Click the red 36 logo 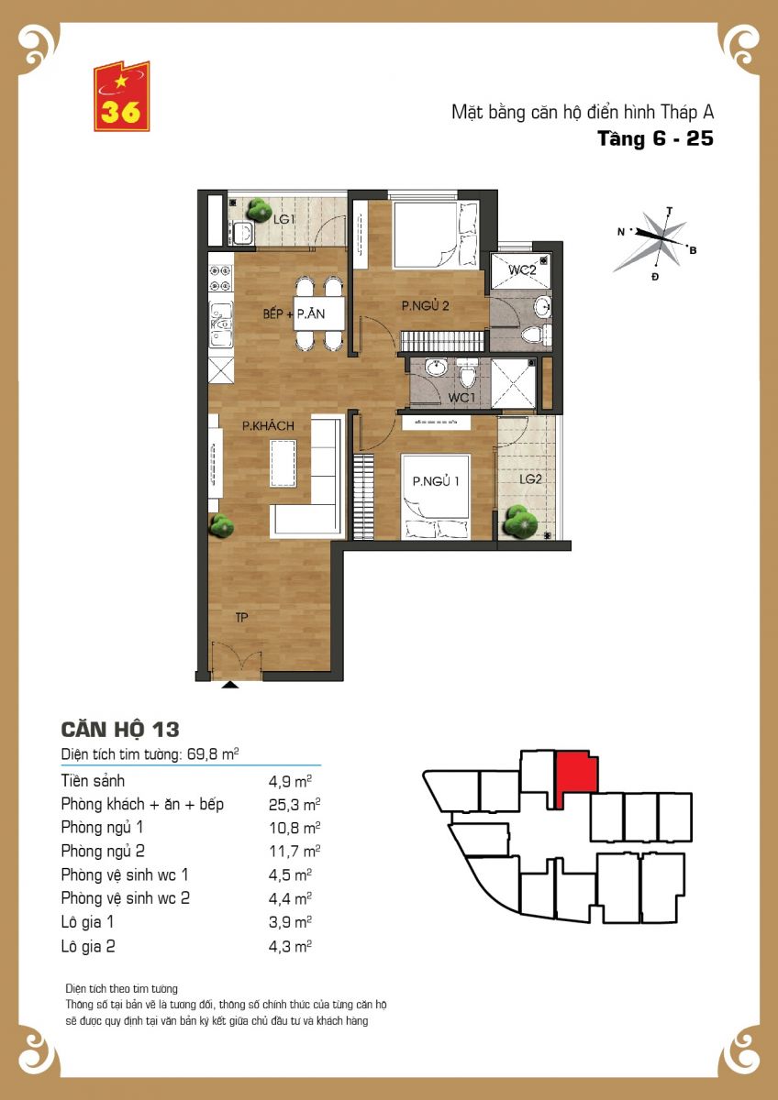pos(121,96)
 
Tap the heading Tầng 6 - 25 pos(655,139)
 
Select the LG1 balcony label pos(283,219)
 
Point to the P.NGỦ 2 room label pos(425,306)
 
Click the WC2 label pos(522,269)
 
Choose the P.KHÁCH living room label pos(268,425)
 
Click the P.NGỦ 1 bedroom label pos(436,480)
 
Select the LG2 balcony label pos(530,478)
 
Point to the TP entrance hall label pos(241,617)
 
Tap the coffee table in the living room pos(283,463)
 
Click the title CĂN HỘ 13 pos(120,730)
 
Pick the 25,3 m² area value pos(295,805)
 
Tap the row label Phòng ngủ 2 pos(103,851)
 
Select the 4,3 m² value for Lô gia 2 pos(290,946)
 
